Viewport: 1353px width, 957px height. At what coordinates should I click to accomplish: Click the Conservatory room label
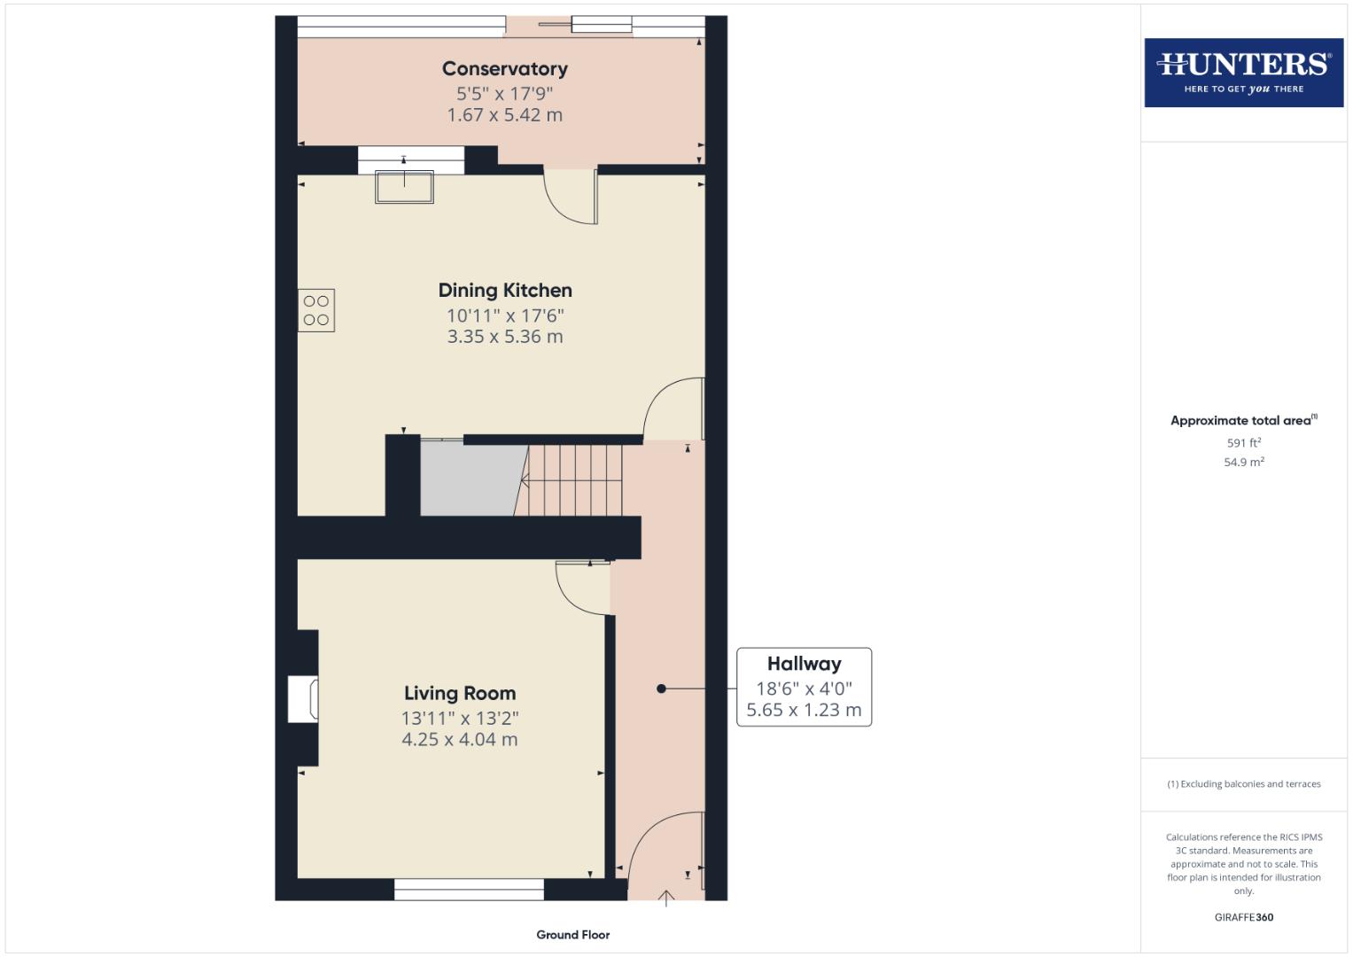tap(504, 69)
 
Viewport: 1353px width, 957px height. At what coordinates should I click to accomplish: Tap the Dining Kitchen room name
tap(505, 291)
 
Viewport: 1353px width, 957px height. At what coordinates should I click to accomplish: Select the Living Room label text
tap(459, 694)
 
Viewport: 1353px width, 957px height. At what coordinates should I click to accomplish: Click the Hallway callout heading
tap(804, 664)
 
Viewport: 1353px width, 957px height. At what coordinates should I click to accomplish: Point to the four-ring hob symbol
tap(316, 310)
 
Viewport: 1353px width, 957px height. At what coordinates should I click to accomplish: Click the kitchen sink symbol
tap(404, 187)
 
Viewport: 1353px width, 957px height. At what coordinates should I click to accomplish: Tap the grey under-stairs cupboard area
tap(468, 478)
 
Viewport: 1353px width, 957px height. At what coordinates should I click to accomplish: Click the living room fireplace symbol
tap(303, 699)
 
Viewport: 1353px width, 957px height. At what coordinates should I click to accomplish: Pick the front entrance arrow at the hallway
tap(666, 899)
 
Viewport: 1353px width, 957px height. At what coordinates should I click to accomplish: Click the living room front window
tap(469, 889)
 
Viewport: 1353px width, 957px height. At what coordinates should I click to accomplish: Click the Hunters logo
tap(1243, 72)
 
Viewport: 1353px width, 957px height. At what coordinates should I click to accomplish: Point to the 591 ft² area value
tap(1243, 443)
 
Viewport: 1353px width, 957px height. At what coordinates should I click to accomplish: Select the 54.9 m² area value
tap(1243, 463)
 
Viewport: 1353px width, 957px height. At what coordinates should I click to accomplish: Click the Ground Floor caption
tap(572, 935)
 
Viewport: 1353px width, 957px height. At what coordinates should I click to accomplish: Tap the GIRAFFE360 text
tap(1243, 918)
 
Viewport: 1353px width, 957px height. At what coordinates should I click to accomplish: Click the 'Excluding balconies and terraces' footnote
tap(1243, 784)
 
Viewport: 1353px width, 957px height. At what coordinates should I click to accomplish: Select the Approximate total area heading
tap(1242, 421)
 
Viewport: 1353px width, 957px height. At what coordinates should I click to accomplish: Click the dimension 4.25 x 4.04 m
tap(459, 740)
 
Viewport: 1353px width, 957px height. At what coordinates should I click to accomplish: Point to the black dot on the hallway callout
tap(661, 689)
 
